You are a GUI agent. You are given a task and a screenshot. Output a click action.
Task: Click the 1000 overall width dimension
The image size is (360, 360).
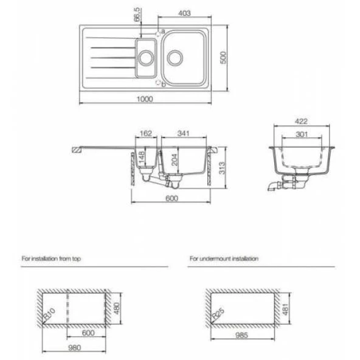[x=145, y=99]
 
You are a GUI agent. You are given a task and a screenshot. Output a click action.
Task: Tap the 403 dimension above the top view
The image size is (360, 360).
[x=184, y=13]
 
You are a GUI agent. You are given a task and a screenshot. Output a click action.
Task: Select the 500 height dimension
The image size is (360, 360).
[x=223, y=58]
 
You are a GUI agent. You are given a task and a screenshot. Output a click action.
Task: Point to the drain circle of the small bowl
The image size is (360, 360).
[x=146, y=58]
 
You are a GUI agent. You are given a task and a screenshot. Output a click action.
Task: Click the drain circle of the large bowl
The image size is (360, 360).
[x=175, y=58]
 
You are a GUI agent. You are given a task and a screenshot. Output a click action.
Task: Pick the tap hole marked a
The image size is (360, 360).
[x=158, y=34]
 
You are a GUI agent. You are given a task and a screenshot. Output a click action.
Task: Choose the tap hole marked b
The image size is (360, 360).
[x=158, y=82]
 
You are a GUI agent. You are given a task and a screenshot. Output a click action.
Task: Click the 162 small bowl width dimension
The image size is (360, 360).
[x=146, y=133]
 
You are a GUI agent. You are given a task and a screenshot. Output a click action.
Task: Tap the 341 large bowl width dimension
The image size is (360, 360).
[x=184, y=133]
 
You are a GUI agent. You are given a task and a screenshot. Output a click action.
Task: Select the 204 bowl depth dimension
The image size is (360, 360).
[x=175, y=159]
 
